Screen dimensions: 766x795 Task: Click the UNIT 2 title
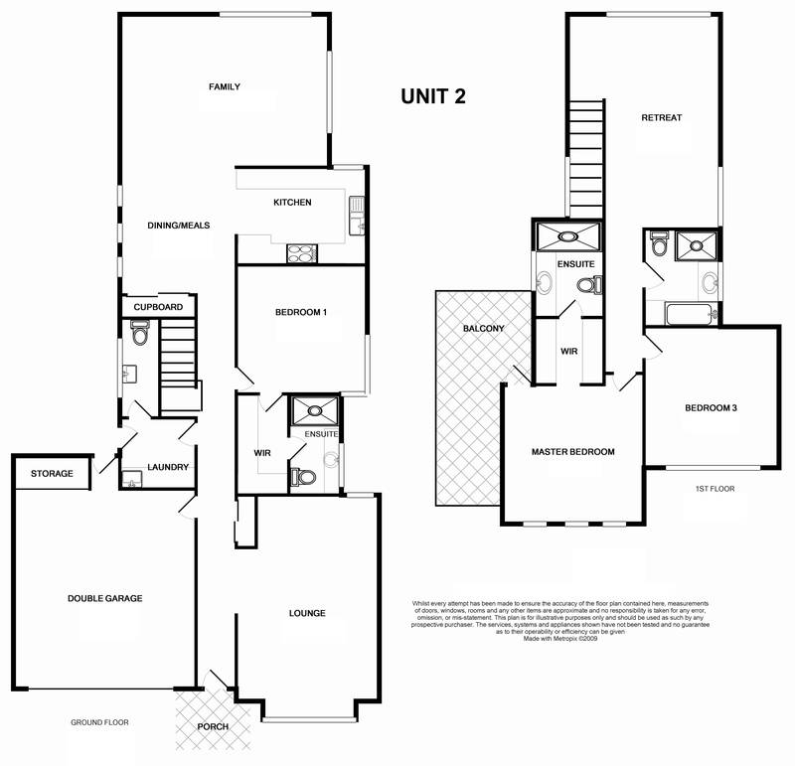coord(433,96)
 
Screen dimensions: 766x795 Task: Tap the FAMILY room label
coord(225,87)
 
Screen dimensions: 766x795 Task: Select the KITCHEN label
coord(293,203)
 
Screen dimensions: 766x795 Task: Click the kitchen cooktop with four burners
coord(300,252)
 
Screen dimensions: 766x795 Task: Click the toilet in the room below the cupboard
coord(139,334)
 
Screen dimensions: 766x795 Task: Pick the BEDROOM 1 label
coord(301,313)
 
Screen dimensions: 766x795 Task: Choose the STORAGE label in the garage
coord(52,474)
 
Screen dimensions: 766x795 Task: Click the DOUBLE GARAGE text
coord(105,598)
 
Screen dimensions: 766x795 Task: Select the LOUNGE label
coord(308,613)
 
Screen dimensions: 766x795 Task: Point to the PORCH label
coord(213,727)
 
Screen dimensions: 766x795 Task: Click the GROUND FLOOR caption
coord(99,722)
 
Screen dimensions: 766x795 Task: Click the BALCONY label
coord(484,329)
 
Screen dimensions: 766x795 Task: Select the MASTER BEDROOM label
coord(573,452)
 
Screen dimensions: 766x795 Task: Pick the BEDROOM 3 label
coord(710,407)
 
